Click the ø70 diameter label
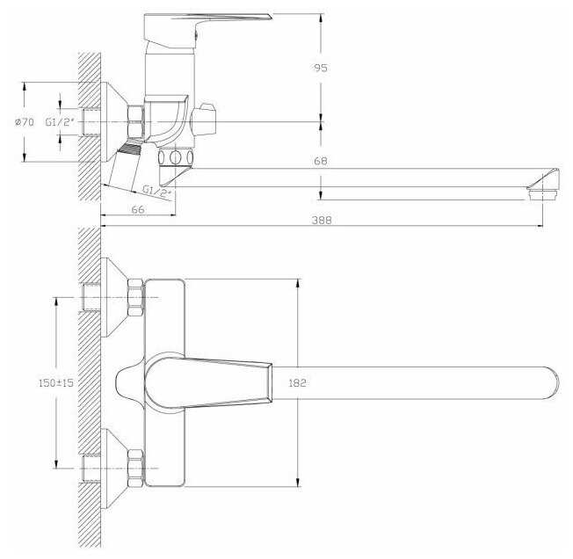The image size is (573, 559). (24, 123)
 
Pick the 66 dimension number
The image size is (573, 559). (137, 209)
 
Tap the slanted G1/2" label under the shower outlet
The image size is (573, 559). (156, 189)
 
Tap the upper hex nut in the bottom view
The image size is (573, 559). (134, 297)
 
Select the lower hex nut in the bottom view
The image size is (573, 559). (134, 468)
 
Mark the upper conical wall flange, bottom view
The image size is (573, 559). (112, 297)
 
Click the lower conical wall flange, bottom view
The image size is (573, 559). (112, 468)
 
